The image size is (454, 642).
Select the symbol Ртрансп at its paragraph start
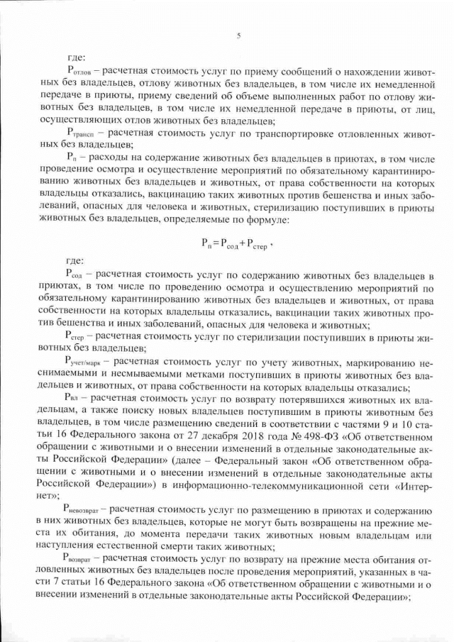[x=80, y=132]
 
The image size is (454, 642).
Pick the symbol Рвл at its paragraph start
[x=75, y=399]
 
